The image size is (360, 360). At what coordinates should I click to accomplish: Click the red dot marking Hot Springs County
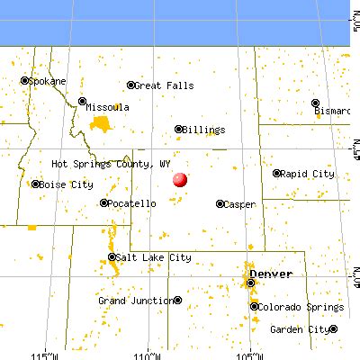pos(180,179)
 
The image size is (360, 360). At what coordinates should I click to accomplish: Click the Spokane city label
pos(47,80)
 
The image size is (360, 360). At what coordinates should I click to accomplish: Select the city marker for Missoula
pos(82,101)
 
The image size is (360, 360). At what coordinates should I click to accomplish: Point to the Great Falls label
pos(165,85)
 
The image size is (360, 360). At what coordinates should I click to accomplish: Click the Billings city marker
pos(178,129)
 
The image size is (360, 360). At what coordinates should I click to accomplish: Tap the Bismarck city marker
pos(315,102)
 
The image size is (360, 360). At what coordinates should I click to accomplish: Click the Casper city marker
pos(220,203)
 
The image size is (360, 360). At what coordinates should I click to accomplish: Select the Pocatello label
pos(132,203)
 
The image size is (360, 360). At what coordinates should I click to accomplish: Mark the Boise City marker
pos(35,184)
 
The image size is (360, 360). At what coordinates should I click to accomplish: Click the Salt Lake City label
pos(155,257)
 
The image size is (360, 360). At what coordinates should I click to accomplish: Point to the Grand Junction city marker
pos(178,300)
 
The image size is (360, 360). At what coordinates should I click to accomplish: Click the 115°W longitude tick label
pos(43,354)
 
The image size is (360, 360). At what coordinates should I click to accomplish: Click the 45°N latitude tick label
pos(355,144)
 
